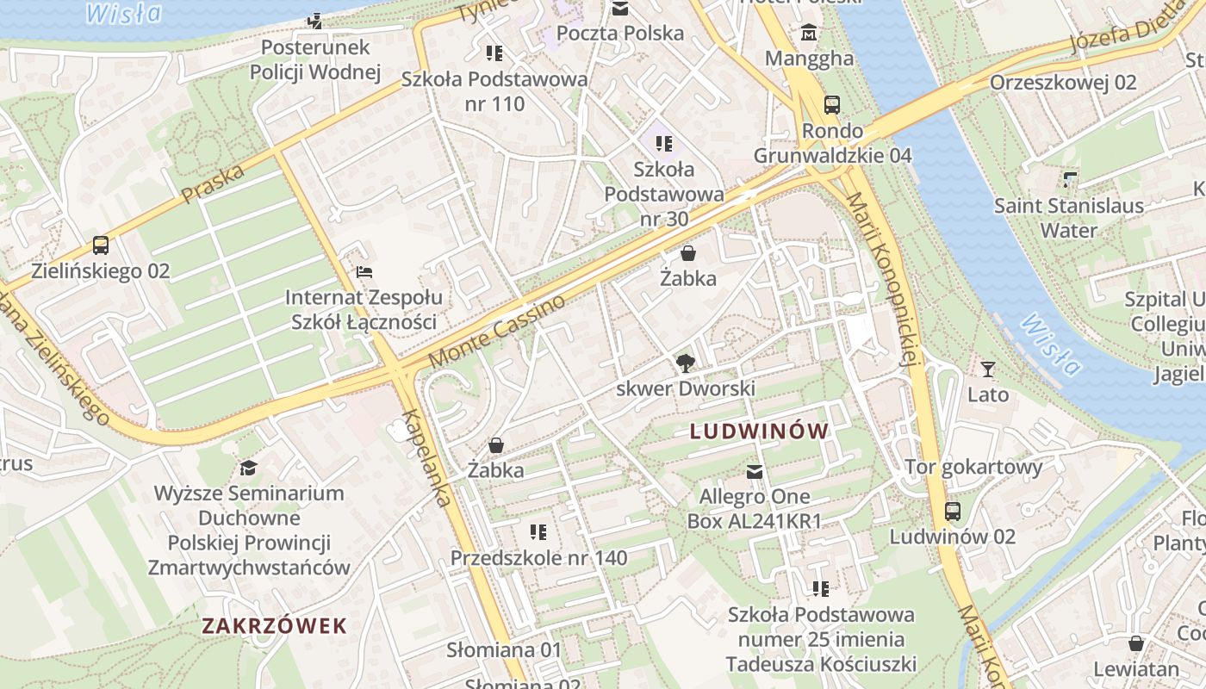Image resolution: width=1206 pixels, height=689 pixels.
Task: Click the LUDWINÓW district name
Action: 759,431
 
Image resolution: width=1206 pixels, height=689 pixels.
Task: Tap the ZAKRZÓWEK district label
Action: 274,626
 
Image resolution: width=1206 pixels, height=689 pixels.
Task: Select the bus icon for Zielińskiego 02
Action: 101,245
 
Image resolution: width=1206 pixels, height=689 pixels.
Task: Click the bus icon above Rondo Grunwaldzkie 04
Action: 832,105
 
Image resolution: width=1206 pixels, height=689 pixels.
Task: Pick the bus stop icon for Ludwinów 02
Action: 953,511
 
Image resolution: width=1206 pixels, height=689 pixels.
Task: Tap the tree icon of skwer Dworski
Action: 686,363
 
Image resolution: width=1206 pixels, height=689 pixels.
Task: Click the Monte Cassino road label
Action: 497,332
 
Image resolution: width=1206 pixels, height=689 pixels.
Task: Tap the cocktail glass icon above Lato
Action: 988,369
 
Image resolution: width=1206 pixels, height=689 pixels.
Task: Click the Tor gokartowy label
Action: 973,467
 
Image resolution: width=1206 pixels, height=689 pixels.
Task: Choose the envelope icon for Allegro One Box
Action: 755,471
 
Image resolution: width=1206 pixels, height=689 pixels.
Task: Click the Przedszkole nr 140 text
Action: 538,558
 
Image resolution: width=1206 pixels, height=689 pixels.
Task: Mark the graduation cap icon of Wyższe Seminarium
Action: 249,468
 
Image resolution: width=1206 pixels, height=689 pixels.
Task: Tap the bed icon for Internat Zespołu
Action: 364,272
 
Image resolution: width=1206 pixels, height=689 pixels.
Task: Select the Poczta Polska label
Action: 620,34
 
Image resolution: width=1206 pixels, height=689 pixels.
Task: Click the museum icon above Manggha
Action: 809,33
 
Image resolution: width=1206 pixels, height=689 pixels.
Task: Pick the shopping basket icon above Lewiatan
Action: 1136,643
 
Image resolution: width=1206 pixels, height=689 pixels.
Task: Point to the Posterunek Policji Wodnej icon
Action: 316,21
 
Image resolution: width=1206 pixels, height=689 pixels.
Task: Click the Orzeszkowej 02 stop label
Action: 1063,83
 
